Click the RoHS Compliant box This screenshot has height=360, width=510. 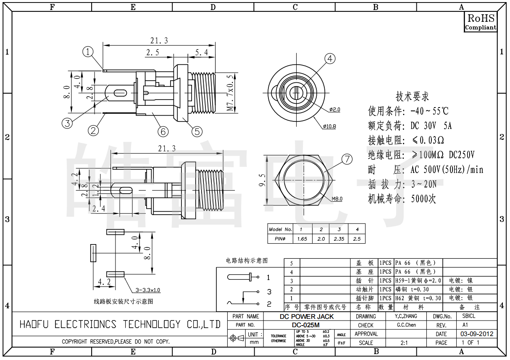481,21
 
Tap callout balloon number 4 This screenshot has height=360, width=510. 330,59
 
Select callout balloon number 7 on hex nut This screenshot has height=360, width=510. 347,159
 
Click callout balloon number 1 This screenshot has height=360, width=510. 87,52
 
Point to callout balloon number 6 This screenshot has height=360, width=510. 163,131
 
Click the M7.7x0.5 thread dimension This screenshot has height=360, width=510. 230,93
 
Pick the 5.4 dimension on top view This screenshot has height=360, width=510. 201,52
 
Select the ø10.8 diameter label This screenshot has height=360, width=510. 329,126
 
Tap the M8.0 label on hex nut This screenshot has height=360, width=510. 337,199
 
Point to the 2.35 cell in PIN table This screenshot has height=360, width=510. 339,239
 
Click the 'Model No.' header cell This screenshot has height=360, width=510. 280,229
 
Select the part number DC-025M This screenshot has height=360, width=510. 306,325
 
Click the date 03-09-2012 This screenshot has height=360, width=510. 477,334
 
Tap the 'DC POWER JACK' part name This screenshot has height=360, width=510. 306,316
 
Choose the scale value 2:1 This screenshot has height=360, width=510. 404,343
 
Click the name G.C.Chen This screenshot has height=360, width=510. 406,325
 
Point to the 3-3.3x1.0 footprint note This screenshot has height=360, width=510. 148,290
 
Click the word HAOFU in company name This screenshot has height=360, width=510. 34,324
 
